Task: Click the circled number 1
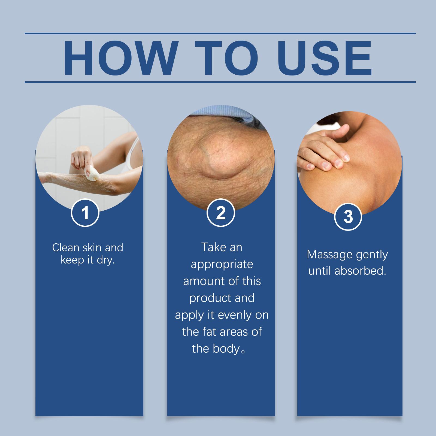(85, 213)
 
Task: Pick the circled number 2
(221, 213)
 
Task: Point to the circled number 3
(348, 217)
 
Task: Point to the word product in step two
(209, 298)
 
